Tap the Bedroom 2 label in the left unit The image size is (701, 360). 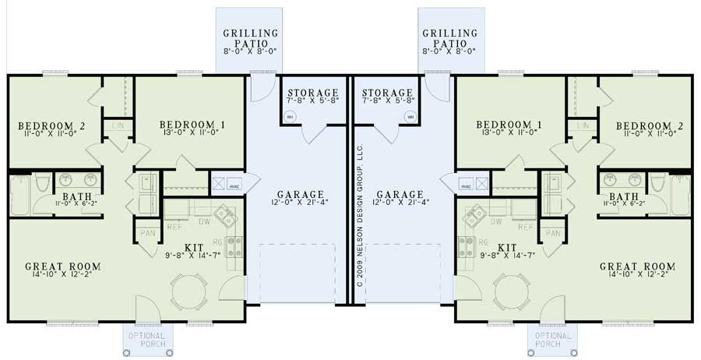pos(52,125)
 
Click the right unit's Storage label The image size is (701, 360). pos(386,93)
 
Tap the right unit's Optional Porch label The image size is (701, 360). pos(553,339)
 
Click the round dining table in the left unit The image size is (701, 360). pos(188,293)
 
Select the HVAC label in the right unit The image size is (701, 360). pos(466,187)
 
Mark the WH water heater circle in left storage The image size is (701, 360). pos(290,117)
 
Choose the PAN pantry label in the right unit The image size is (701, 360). pos(552,233)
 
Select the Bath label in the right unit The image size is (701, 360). pos(623,196)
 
